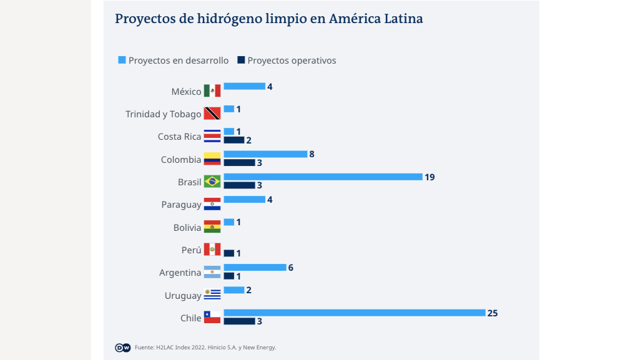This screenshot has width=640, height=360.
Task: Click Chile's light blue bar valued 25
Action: [x=354, y=313]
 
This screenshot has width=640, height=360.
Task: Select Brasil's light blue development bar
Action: [x=323, y=177]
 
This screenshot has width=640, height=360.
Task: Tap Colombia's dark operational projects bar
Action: [x=239, y=163]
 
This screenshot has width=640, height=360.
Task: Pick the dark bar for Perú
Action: [x=229, y=253]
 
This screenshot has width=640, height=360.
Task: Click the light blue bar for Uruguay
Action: [x=234, y=290]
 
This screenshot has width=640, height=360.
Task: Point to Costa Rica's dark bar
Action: [x=234, y=140]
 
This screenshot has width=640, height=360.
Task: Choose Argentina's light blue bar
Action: [x=255, y=268]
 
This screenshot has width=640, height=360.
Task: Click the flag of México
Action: [x=212, y=91]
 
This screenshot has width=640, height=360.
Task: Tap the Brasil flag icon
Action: [x=212, y=182]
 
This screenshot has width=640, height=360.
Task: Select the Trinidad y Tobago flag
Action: [x=212, y=114]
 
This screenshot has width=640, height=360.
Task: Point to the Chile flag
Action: [x=212, y=317]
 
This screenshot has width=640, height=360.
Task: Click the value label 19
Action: [x=430, y=177]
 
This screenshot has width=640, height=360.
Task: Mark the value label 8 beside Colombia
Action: [x=312, y=154]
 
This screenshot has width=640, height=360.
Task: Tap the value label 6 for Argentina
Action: [x=291, y=268]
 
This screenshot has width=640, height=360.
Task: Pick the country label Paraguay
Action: [x=181, y=205]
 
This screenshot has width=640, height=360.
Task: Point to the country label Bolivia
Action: [x=187, y=228]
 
